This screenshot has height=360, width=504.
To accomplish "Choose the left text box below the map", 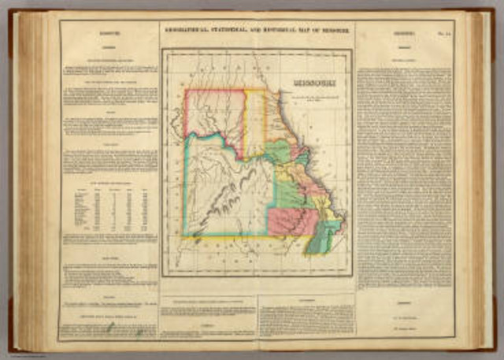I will pos(209,316).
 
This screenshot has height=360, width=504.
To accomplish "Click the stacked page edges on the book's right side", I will pos(476,181).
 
